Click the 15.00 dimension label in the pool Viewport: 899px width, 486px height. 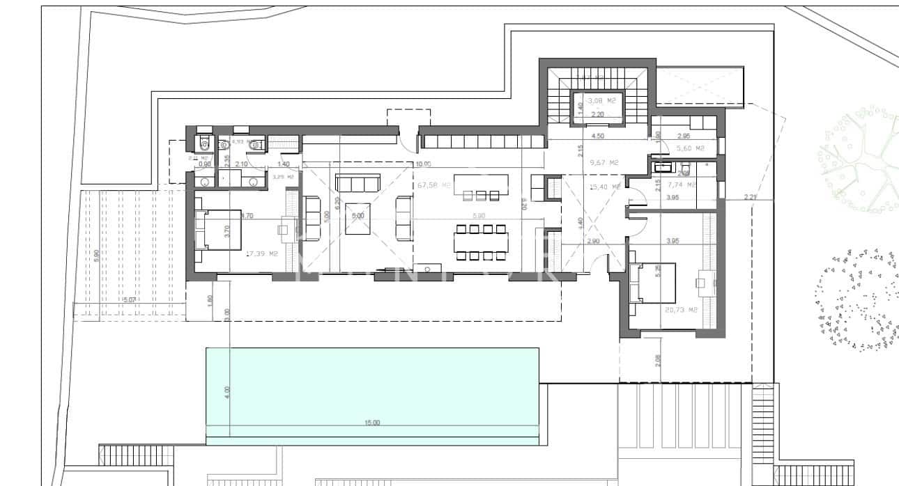[x=372, y=423]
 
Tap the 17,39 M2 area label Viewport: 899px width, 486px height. [x=262, y=254]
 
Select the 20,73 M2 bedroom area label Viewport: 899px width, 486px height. [x=681, y=310]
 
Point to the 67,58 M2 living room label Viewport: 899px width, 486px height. [x=431, y=186]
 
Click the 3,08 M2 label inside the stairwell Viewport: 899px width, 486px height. [x=601, y=101]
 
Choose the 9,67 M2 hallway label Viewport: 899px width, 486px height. [x=604, y=163]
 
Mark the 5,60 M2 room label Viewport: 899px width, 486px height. [x=690, y=148]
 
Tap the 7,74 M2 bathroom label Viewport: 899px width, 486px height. [x=682, y=185]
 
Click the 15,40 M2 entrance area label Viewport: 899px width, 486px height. [x=604, y=187]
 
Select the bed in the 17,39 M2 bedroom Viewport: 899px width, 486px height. [x=217, y=229]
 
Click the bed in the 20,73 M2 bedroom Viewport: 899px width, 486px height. [x=652, y=283]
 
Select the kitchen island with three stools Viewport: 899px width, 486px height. [x=481, y=186]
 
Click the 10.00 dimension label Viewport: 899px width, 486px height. [x=423, y=164]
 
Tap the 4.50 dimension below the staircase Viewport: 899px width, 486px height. [x=597, y=136]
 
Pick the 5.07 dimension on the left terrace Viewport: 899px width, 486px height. [x=128, y=300]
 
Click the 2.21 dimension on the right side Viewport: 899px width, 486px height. [x=750, y=197]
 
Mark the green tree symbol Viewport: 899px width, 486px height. [x=859, y=160]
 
